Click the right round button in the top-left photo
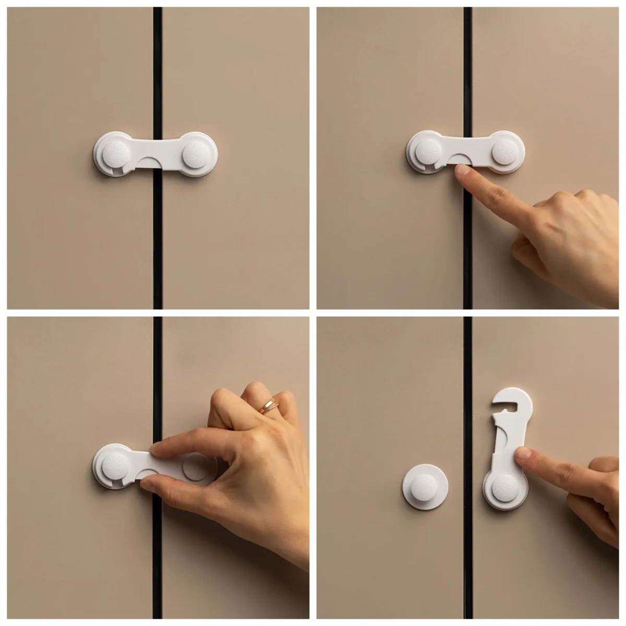[197, 154]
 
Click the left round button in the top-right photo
[428, 152]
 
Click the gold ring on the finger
[268, 405]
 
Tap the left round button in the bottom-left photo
[115, 465]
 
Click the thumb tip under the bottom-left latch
[148, 485]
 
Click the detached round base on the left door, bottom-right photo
[425, 486]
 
